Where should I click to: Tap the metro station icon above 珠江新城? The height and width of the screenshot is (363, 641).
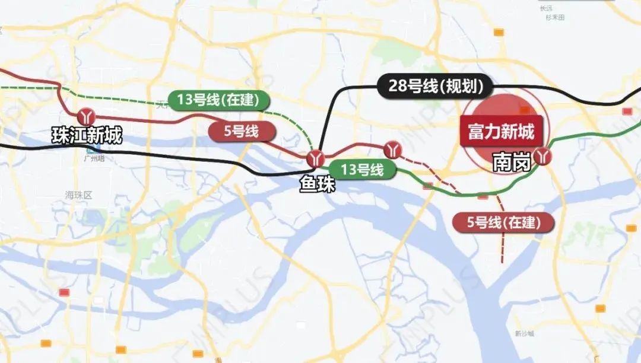pos(87,115)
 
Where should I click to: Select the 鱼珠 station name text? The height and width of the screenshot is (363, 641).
pos(317,185)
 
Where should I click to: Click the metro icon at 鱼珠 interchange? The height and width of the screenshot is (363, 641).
pos(315,159)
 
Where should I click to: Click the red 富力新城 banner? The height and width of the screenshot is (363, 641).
pos(501,132)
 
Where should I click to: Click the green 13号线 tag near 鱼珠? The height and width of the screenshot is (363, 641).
pos(362,170)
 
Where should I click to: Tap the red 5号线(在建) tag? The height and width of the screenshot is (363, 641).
pos(503,223)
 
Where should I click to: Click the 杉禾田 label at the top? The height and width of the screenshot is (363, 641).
pos(555,18)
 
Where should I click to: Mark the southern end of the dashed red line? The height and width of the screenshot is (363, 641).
pos(503,260)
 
